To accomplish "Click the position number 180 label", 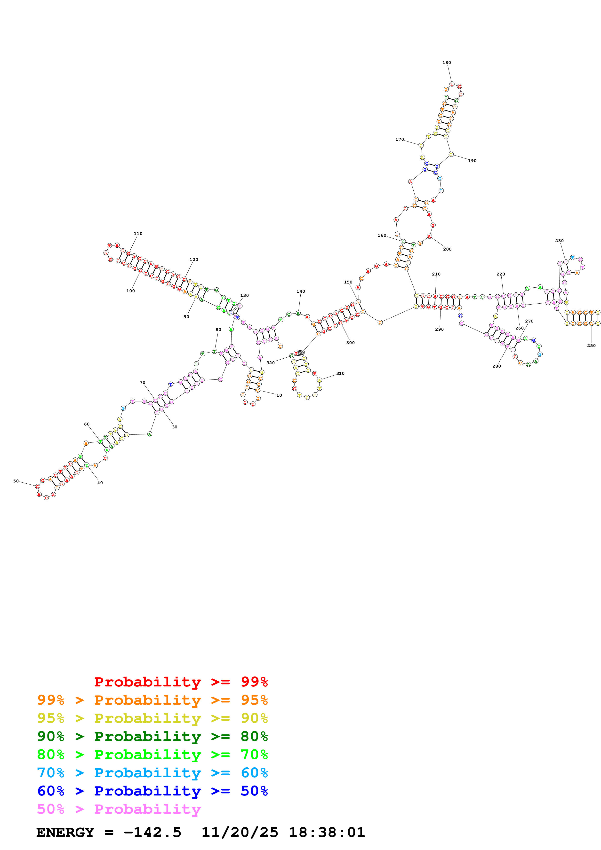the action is tap(446, 63).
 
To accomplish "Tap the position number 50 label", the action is tap(16, 481).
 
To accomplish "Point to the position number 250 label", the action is tap(591, 346).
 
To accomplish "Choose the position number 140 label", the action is tap(300, 291).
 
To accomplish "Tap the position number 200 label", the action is tap(447, 249).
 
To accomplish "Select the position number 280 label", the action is tap(496, 366).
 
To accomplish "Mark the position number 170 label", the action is tap(399, 140).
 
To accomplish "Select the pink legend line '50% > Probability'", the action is tap(119, 809).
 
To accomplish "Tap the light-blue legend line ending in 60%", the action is tap(152, 773).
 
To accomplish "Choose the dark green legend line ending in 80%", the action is tap(152, 736).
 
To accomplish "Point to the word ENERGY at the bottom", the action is tap(65, 832).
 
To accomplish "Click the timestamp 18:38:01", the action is tap(327, 832).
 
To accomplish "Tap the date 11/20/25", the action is tap(240, 832).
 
